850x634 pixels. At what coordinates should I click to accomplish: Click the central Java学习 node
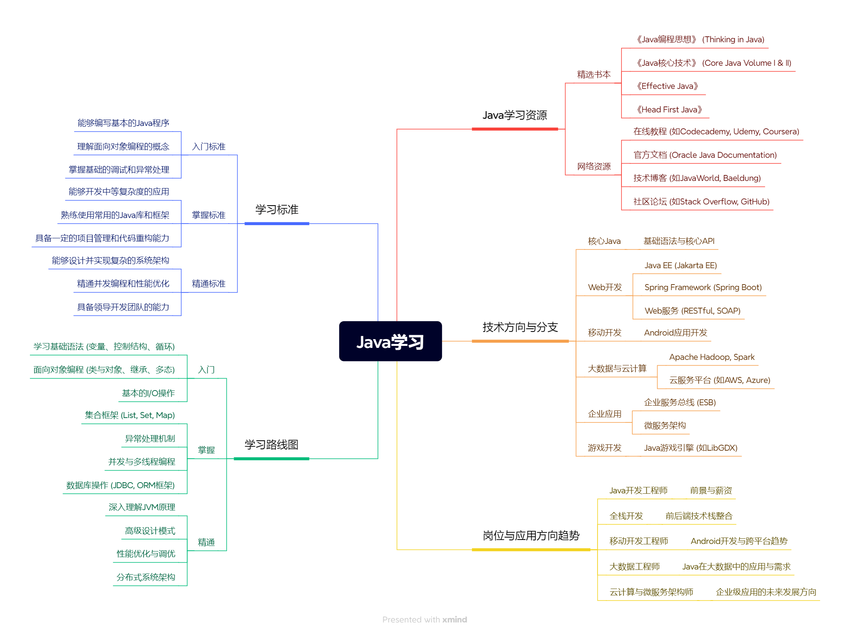click(x=390, y=342)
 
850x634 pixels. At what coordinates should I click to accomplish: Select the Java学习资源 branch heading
click(x=515, y=115)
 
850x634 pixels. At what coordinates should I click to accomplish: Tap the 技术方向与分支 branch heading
click(x=520, y=327)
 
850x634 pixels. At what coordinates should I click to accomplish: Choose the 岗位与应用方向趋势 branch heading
click(x=531, y=536)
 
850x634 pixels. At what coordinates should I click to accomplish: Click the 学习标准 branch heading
click(x=277, y=210)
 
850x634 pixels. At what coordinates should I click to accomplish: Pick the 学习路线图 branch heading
click(x=271, y=445)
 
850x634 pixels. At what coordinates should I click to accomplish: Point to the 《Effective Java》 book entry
click(x=667, y=86)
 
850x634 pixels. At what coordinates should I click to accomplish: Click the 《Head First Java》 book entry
click(x=669, y=110)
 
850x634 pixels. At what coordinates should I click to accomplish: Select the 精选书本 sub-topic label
click(x=594, y=75)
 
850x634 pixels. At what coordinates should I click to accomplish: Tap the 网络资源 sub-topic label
click(x=594, y=166)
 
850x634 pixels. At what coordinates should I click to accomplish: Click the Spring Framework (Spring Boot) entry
click(x=703, y=287)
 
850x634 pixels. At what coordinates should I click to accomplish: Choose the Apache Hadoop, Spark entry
click(x=712, y=357)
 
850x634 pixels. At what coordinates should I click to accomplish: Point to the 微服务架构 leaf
click(x=665, y=426)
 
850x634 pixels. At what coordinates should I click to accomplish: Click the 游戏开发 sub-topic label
click(x=604, y=448)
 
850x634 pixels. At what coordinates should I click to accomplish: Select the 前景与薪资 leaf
click(x=711, y=491)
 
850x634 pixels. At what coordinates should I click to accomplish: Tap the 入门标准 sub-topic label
click(x=209, y=147)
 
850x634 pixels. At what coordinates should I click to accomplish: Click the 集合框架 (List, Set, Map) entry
click(x=130, y=415)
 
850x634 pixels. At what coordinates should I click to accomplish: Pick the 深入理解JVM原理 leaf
click(x=142, y=507)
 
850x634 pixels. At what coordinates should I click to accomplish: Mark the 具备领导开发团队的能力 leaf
click(x=123, y=307)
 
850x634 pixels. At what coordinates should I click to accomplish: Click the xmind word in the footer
click(x=454, y=620)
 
